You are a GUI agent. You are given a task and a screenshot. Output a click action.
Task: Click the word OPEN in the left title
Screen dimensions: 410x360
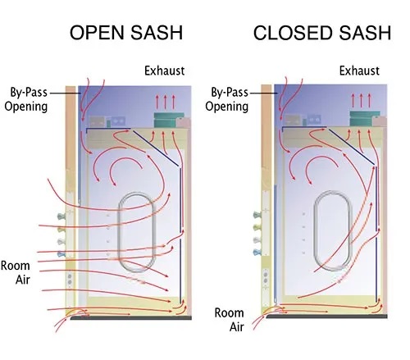coord(97,33)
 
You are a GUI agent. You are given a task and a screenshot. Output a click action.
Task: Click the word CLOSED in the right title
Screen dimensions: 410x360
coord(294,33)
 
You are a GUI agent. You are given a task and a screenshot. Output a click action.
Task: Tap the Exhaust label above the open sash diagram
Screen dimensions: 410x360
coord(165,71)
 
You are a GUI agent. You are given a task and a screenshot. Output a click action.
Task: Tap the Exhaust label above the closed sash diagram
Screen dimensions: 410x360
coord(359,71)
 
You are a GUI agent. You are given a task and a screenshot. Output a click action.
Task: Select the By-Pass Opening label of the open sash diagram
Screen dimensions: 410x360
coord(26,99)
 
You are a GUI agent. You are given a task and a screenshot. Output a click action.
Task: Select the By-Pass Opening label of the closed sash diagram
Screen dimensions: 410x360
coord(227,99)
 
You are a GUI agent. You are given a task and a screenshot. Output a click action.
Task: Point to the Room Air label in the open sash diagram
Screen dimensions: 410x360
coord(16,272)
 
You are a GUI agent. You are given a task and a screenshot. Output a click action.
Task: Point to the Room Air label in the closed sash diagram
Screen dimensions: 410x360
coord(229,320)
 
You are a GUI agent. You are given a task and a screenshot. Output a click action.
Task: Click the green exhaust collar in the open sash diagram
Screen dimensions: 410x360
coord(169,120)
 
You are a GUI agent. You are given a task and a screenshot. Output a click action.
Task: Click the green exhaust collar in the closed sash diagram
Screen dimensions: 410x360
coord(365,118)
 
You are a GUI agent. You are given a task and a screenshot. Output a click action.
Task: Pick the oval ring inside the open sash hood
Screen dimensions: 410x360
coord(119,232)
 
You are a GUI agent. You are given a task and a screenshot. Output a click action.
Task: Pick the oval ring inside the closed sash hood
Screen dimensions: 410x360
coord(315,231)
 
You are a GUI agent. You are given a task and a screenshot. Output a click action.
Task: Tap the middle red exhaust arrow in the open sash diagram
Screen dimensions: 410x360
coord(165,102)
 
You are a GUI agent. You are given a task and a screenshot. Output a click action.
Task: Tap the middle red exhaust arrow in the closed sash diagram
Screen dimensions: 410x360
coord(361,100)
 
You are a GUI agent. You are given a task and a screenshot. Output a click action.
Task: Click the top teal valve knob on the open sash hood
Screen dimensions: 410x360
coord(61,216)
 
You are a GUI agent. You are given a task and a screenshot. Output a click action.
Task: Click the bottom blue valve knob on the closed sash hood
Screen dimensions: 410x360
coord(257,252)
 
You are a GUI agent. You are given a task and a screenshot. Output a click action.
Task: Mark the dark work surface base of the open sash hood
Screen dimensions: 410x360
coord(131,317)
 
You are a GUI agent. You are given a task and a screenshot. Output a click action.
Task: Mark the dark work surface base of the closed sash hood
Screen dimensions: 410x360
coord(326,317)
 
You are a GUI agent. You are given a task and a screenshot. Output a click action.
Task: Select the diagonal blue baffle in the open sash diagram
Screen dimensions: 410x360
coord(156,148)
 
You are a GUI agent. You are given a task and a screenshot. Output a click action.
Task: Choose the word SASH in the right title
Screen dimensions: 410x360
coord(365,33)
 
